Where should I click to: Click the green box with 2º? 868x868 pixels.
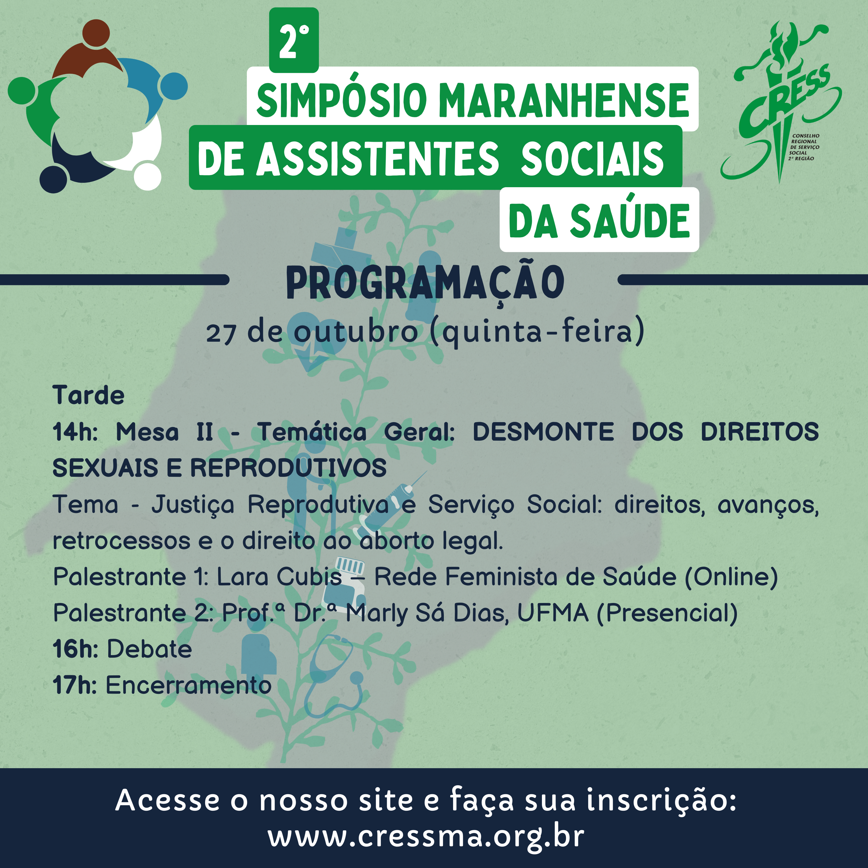coord(294,40)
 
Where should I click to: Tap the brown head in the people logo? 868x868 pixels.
coord(96,33)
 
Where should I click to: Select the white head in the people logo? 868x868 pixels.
coord(147,176)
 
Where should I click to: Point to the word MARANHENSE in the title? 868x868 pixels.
coord(563,100)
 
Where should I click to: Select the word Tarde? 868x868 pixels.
coord(89,395)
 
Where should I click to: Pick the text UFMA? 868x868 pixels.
coord(553,613)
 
